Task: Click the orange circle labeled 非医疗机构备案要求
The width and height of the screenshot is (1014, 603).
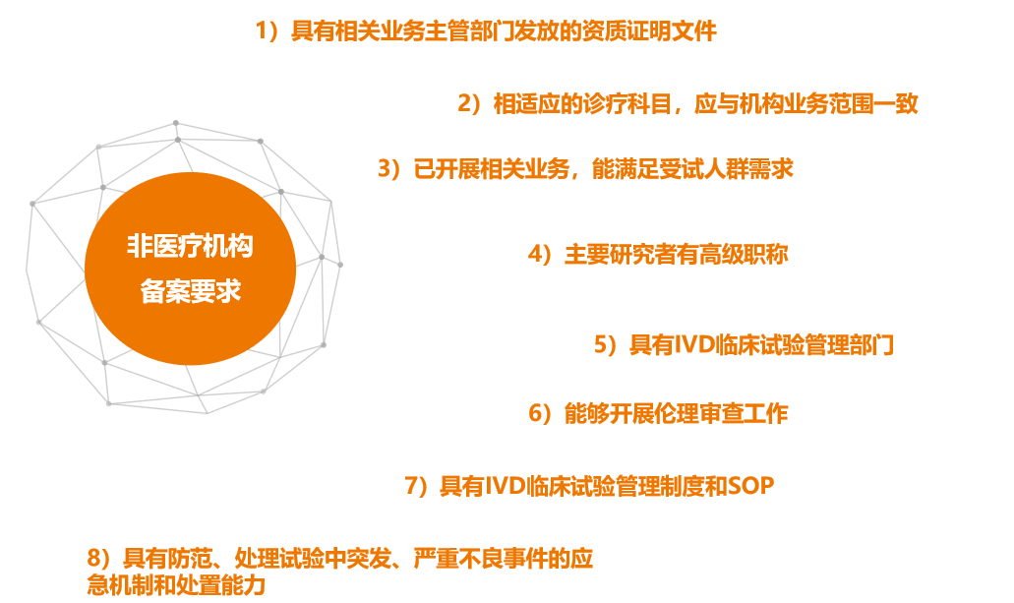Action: (190, 269)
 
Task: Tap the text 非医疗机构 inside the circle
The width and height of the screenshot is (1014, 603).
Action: (190, 246)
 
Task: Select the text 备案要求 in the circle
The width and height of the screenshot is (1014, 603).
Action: (190, 291)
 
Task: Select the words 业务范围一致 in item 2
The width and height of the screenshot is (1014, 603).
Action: (852, 103)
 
